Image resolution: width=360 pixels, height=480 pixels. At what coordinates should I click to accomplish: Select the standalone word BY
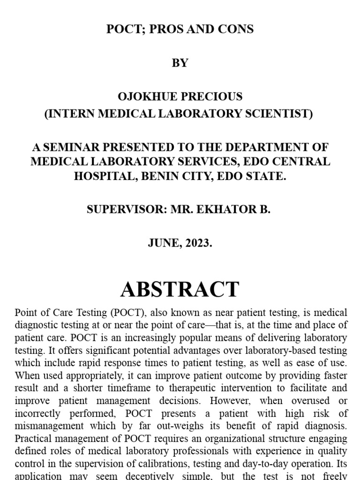[x=180, y=63]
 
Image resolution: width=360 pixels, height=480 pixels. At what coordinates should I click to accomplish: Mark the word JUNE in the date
[x=164, y=244]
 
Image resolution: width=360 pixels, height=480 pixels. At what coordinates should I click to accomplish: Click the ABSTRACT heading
[x=180, y=289]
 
